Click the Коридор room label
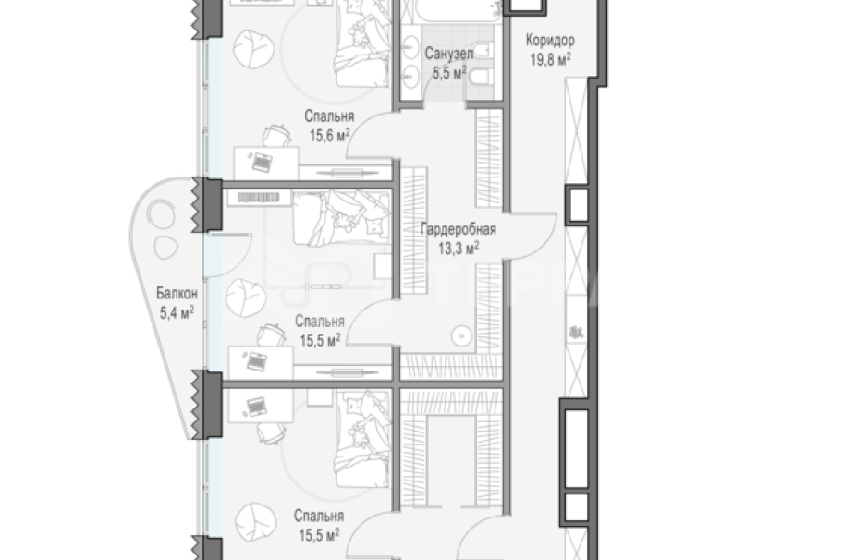pos(550,41)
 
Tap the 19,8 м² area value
pos(551,59)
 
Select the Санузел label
pos(448,54)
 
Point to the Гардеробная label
pos(458,229)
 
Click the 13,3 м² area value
pos(459,249)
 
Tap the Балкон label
pos(177,294)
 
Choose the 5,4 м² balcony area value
pos(177,312)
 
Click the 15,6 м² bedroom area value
pos(330,135)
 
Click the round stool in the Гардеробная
pos(462,335)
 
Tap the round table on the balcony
pos(160,215)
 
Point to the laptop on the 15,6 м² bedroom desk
pos(261,162)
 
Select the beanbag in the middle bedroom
pos(246,298)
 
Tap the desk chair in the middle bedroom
pos(272,334)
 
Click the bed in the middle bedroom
pos(341,218)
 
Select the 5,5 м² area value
pos(449,73)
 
